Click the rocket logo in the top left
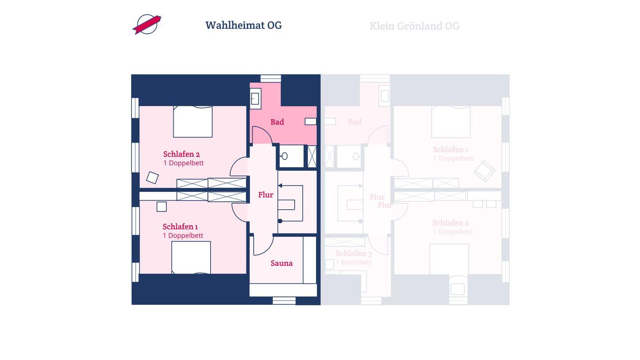(147, 24)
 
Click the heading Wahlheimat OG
(244, 25)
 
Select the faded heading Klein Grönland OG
(414, 26)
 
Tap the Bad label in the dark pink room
(277, 122)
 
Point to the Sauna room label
(282, 263)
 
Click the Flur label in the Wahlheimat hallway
(266, 195)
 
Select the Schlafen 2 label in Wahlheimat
(181, 154)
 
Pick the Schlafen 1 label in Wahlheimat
(180, 227)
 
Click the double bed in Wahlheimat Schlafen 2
(192, 121)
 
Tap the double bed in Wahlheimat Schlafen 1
(191, 257)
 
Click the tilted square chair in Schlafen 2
(152, 177)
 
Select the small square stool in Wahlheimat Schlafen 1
(161, 207)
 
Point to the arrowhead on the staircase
(280, 185)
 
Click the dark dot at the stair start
(280, 221)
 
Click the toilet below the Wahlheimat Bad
(284, 156)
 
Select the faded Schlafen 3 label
(353, 253)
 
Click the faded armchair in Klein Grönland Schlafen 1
(484, 171)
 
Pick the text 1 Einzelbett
(353, 262)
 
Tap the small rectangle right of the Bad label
(311, 121)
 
